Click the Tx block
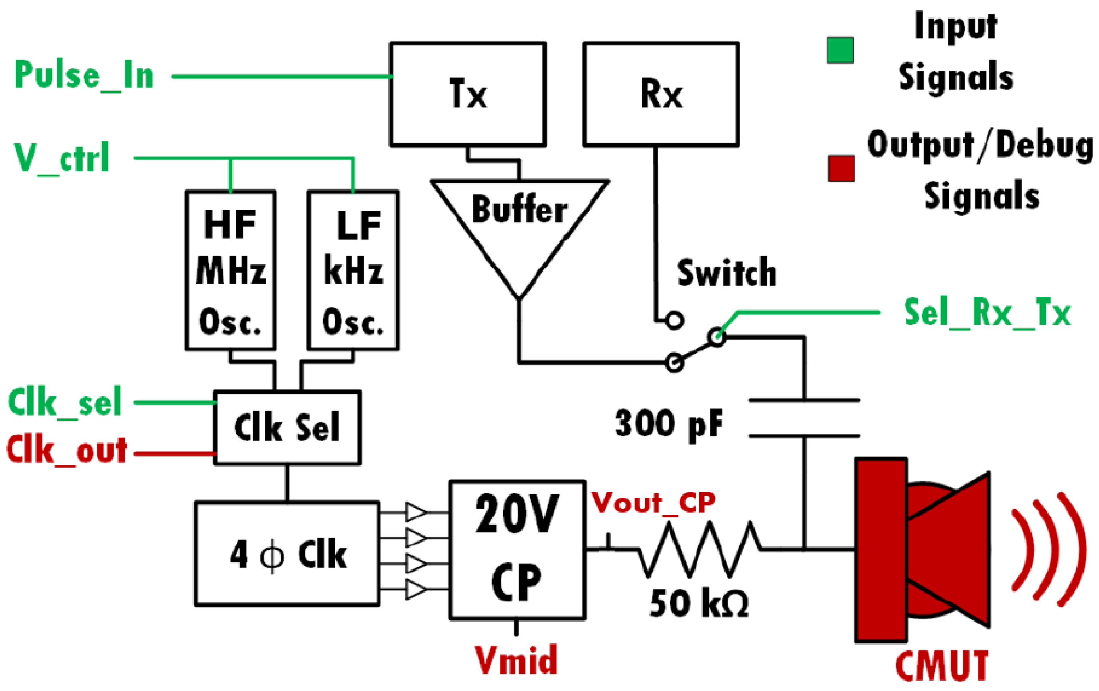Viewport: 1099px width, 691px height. [x=467, y=94]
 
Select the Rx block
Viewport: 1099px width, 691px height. [x=661, y=94]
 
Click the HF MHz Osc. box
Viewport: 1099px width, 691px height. [x=231, y=270]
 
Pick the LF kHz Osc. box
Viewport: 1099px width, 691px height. [x=353, y=270]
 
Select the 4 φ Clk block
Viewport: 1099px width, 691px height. [x=287, y=554]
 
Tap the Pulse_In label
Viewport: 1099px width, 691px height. [x=85, y=76]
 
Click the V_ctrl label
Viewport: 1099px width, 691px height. [x=62, y=158]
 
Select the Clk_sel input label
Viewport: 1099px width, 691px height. [x=65, y=402]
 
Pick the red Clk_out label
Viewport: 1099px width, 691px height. [x=67, y=451]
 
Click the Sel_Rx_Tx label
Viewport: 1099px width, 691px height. [x=987, y=313]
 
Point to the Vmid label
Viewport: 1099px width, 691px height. [x=516, y=660]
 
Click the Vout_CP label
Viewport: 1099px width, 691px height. [x=653, y=504]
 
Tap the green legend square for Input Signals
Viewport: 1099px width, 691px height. [x=840, y=50]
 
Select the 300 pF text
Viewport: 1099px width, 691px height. [x=669, y=424]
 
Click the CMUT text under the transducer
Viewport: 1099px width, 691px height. [x=941, y=666]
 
